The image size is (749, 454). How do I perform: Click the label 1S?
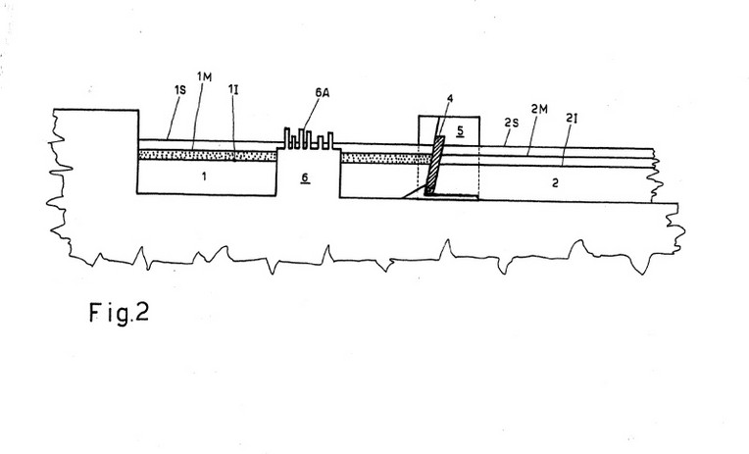180,89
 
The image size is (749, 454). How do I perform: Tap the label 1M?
204,76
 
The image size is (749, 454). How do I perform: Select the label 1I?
233,89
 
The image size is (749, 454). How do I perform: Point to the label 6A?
322,93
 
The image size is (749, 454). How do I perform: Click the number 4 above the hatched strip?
449,99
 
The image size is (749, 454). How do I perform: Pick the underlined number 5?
460,130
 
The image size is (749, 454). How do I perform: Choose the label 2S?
511,123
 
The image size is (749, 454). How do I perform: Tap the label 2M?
539,110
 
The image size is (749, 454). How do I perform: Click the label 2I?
572,119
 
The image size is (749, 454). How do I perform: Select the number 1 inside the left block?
204,177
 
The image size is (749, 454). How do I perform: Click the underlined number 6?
305,178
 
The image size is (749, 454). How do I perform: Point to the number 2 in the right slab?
555,183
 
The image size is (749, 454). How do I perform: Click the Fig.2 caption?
119,313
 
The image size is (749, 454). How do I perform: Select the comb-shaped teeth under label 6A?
309,139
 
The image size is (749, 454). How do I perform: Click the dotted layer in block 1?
207,155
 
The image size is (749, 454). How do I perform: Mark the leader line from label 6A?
311,114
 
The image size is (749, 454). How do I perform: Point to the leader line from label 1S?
173,117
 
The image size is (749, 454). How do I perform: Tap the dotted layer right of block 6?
386,158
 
